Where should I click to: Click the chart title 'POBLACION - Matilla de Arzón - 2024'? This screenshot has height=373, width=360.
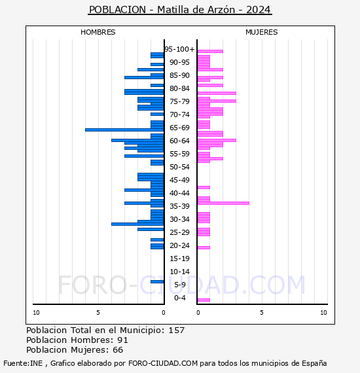click(x=180, y=10)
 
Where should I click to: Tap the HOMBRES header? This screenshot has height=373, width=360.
click(x=98, y=32)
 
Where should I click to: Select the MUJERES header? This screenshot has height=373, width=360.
click(x=262, y=32)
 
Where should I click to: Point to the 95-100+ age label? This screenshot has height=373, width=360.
click(x=179, y=49)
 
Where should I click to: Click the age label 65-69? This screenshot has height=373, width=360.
click(x=179, y=128)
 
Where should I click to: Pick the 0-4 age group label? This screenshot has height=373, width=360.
click(x=179, y=298)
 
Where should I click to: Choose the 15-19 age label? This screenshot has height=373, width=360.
click(x=179, y=258)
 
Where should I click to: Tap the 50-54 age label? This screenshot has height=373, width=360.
click(x=179, y=167)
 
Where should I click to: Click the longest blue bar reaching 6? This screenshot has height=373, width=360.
click(x=124, y=130)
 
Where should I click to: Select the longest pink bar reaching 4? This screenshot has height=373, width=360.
click(x=223, y=203)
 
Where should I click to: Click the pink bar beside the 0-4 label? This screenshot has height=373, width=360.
click(x=204, y=300)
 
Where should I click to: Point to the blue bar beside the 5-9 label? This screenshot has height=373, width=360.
click(x=157, y=281)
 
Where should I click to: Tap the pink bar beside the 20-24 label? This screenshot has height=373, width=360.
click(x=204, y=247)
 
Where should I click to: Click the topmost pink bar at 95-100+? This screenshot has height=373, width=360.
click(x=210, y=52)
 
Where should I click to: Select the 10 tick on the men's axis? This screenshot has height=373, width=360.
click(x=36, y=313)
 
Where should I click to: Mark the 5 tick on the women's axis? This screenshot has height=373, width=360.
click(x=262, y=313)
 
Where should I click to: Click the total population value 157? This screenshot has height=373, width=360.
click(x=177, y=330)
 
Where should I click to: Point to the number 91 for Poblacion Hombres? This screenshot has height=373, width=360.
click(x=123, y=340)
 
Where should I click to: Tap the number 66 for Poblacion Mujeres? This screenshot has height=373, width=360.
click(x=118, y=350)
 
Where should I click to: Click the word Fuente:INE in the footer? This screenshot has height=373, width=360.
click(x=23, y=363)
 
